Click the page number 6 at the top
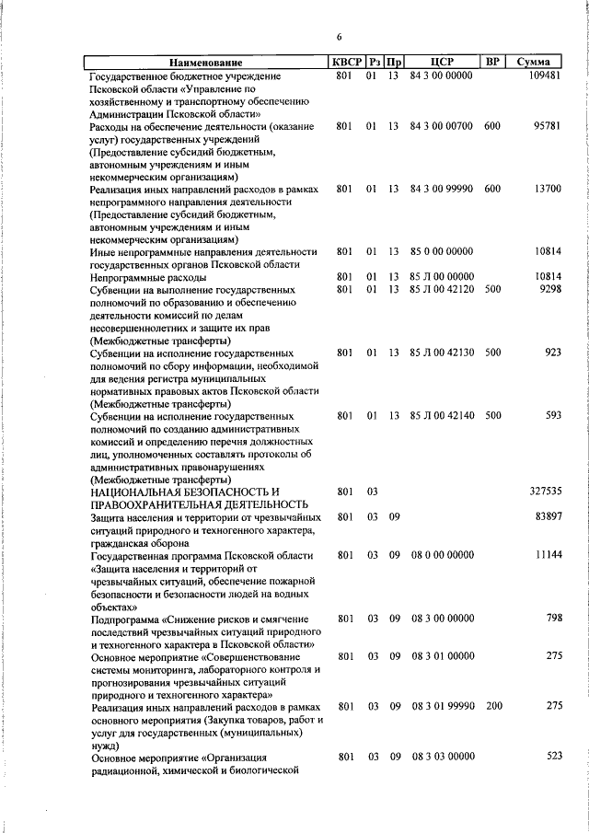[x=339, y=37]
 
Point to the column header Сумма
[x=534, y=62]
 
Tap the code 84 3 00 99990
[x=442, y=189]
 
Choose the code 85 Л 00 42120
[x=442, y=290]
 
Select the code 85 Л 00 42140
[x=442, y=415]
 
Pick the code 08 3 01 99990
[x=442, y=705]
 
